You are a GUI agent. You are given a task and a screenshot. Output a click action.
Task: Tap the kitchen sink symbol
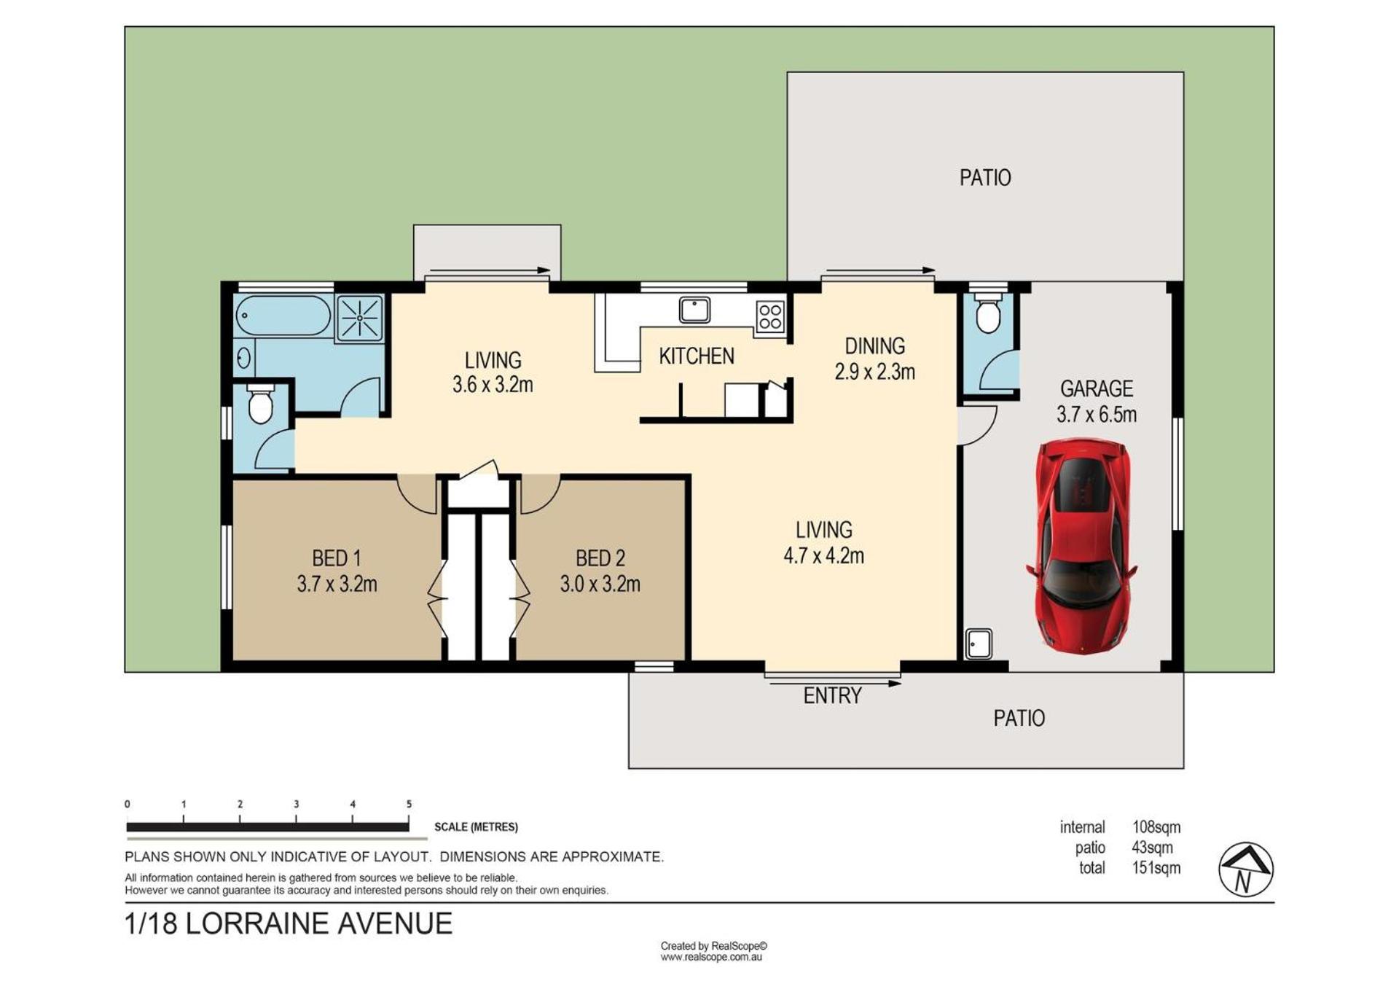pos(694,310)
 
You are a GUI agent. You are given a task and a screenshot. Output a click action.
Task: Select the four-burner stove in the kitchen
pos(770,317)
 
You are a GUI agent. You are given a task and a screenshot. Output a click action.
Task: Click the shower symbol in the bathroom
pos(359,318)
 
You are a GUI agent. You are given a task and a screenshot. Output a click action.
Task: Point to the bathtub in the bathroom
pos(283,316)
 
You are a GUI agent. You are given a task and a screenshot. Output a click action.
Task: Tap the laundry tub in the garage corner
pos(979,644)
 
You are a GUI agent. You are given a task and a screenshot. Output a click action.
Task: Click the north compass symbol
pos(1245,869)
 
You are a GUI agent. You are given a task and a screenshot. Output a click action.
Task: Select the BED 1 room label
pos(337,558)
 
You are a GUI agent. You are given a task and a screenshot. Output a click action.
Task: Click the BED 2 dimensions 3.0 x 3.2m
pos(600,584)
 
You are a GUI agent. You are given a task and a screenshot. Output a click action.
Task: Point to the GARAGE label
pos(1097,388)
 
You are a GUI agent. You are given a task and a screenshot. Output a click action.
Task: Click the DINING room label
pos(875,345)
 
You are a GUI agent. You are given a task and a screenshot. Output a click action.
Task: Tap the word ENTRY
pos(833,696)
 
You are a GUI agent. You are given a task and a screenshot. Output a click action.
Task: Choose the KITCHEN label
pos(697,356)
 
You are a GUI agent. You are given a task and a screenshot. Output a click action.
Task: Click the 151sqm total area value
pos(1156,868)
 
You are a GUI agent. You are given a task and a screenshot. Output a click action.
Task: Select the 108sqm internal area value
pos(1156,827)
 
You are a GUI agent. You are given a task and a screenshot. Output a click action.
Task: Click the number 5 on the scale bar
pos(409,804)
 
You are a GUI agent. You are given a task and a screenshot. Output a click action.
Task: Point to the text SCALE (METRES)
pos(476,827)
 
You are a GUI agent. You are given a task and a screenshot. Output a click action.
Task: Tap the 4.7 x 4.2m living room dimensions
pos(824,556)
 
